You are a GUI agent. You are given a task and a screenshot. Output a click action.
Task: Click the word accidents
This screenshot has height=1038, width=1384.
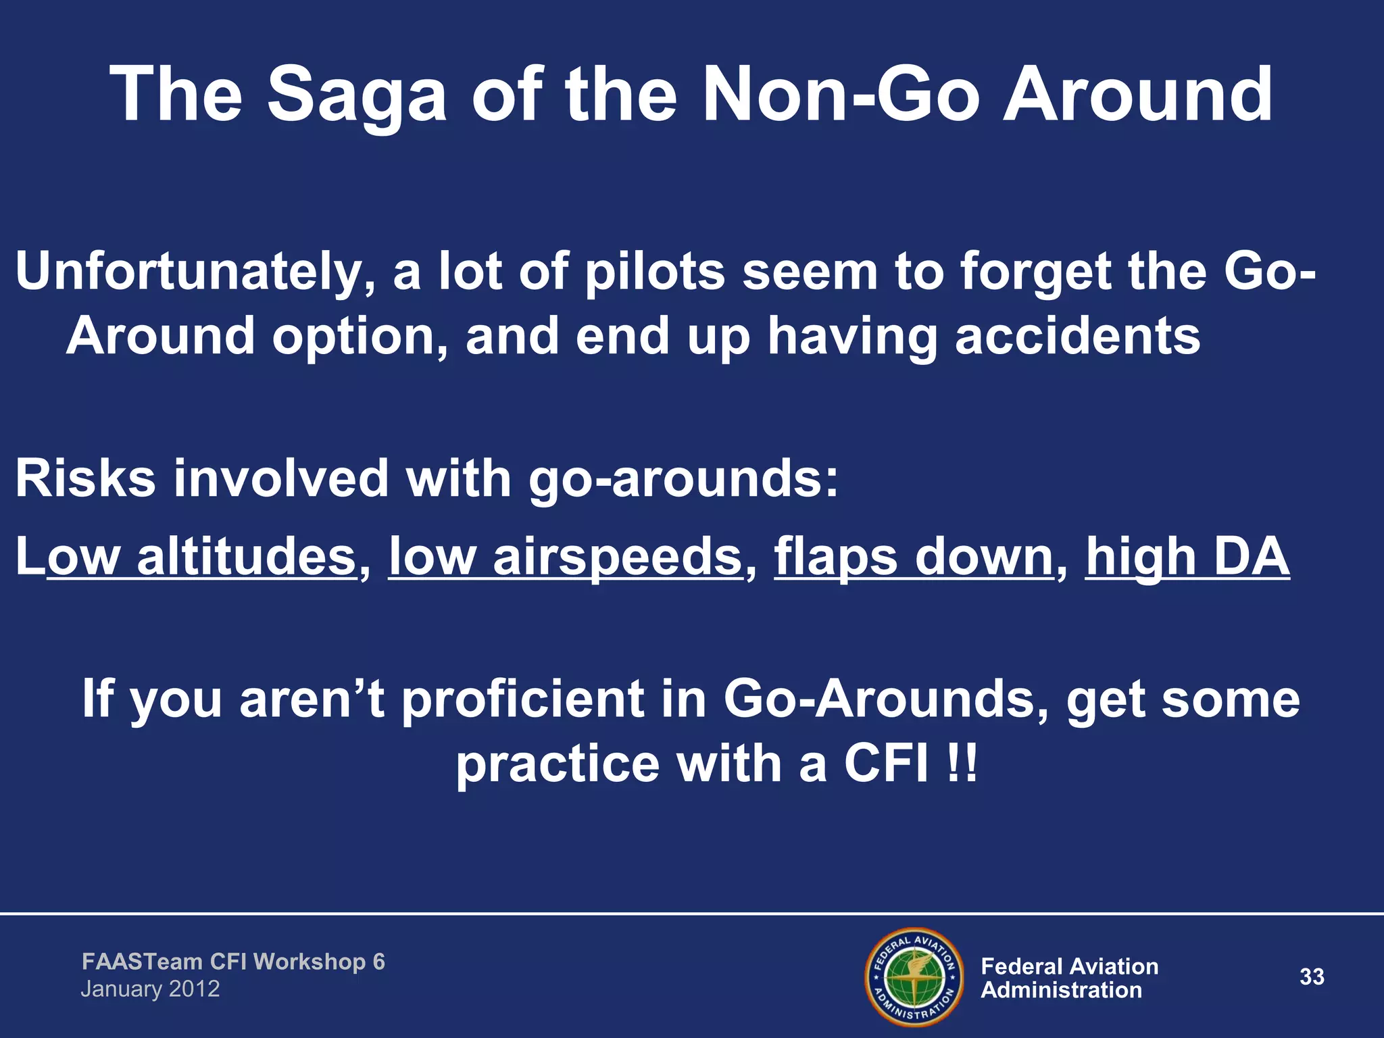tap(1077, 337)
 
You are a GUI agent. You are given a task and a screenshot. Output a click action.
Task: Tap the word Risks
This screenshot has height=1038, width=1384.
tap(85, 478)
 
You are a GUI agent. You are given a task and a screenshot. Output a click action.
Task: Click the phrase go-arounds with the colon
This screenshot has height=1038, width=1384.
tap(683, 478)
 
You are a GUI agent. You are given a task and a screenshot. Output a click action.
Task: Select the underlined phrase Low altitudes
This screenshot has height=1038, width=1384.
tap(187, 557)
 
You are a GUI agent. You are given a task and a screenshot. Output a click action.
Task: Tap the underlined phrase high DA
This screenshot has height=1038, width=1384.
tap(1187, 557)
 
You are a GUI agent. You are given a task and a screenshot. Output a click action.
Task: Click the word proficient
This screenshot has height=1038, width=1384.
tap(524, 699)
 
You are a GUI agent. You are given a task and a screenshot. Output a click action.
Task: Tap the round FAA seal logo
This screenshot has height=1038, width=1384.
tap(914, 977)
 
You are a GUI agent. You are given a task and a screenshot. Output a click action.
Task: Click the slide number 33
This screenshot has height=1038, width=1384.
tap(1312, 977)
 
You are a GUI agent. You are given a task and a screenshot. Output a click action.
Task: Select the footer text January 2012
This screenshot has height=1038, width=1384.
tap(150, 989)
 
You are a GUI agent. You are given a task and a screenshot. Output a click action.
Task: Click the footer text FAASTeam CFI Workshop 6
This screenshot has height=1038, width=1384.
tap(233, 962)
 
